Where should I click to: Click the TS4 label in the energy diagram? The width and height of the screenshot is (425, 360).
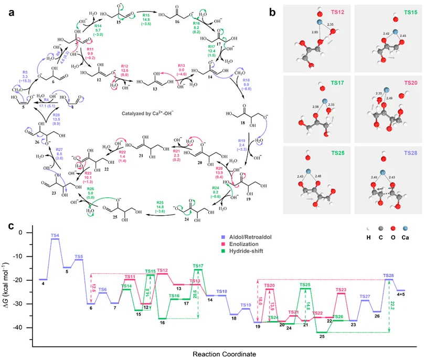[55, 235]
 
